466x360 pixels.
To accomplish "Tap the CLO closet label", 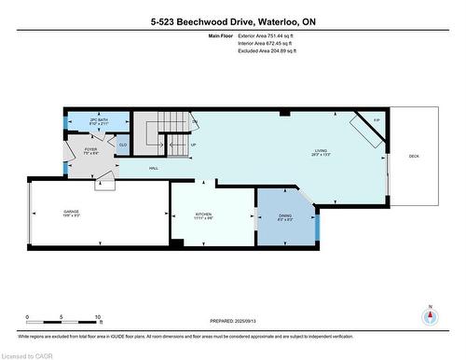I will (x=122, y=145).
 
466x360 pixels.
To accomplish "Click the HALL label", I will (x=153, y=169).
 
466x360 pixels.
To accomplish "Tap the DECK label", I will (x=414, y=156).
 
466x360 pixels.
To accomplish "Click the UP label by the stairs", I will (x=193, y=146).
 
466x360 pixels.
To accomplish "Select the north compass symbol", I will (x=430, y=316).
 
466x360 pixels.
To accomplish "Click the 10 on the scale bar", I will (x=98, y=317).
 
